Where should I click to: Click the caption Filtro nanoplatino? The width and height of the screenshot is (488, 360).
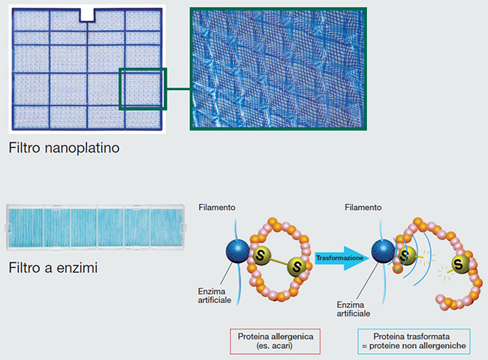[65, 148]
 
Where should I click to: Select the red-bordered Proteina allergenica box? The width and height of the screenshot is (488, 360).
[276, 340]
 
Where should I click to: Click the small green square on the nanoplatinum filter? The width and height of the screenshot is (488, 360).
[142, 89]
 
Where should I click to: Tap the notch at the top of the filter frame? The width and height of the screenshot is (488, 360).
[89, 13]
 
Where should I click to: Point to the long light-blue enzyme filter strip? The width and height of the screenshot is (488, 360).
[96, 227]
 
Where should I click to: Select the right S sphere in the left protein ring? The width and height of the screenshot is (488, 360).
[297, 267]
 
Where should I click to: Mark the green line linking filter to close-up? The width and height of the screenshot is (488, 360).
[178, 89]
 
